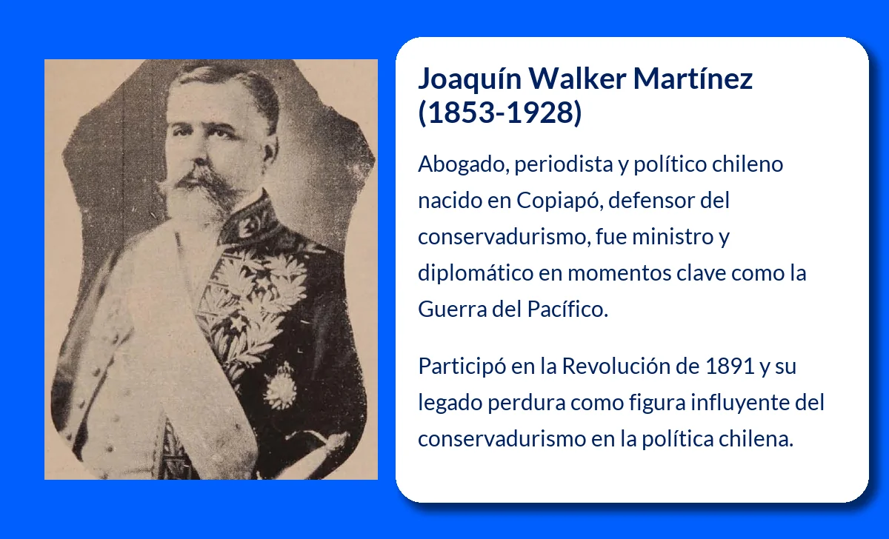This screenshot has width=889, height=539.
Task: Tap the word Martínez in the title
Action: [693, 78]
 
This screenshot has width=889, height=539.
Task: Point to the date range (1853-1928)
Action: [500, 113]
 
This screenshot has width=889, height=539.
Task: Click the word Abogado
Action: [460, 164]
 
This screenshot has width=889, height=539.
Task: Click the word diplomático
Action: [475, 273]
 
